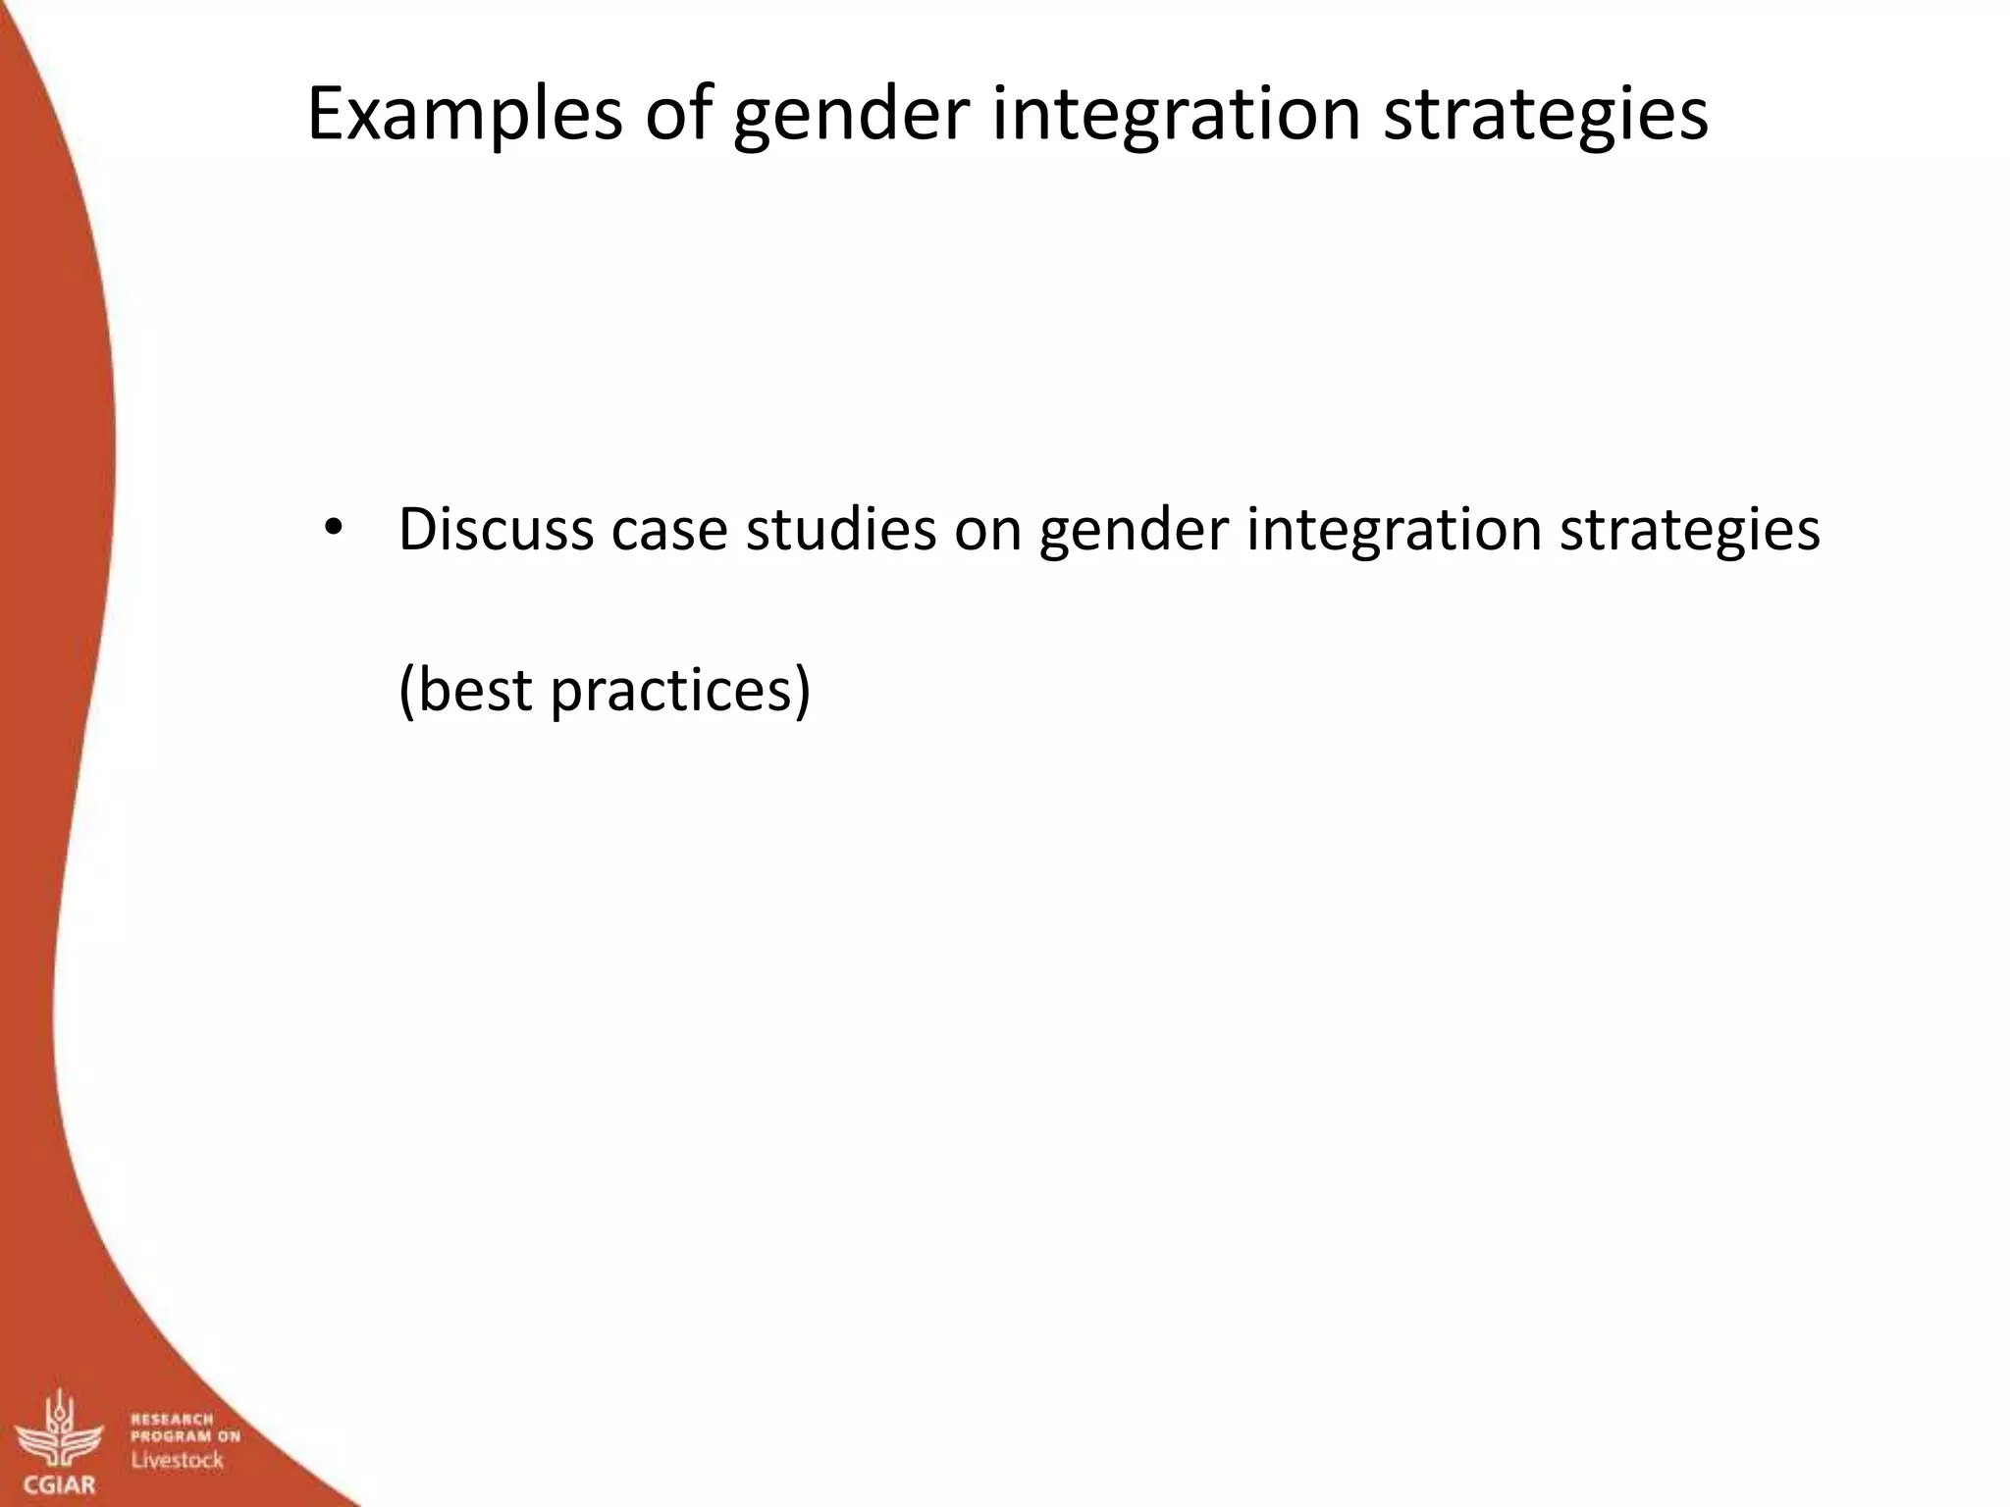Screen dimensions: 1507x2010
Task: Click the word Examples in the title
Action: click(x=464, y=115)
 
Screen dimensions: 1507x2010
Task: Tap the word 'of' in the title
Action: click(x=677, y=115)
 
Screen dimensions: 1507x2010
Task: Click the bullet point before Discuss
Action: click(x=333, y=529)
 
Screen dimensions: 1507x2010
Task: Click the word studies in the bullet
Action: click(x=841, y=530)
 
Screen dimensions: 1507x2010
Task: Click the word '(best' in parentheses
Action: click(x=465, y=690)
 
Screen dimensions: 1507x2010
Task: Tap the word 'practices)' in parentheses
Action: click(x=680, y=690)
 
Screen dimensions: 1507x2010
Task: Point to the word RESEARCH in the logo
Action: click(x=172, y=1419)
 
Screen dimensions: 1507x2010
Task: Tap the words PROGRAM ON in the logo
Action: click(x=185, y=1436)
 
